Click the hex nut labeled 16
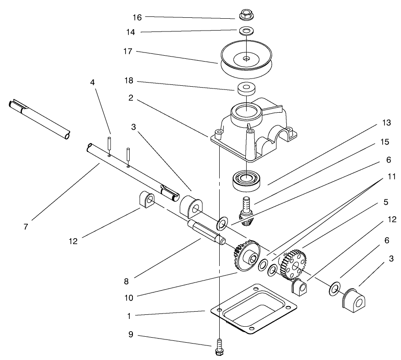(x=246, y=15)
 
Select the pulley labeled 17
(x=246, y=59)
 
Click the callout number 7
(x=25, y=226)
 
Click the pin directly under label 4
(x=110, y=143)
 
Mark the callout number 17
(x=127, y=52)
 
